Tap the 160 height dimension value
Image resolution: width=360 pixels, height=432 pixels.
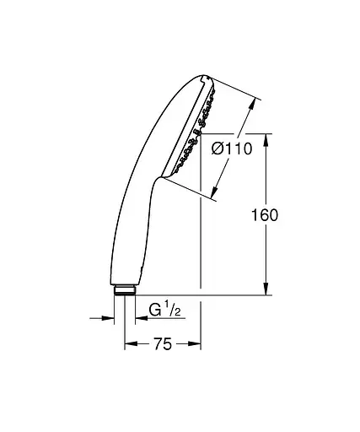click(265, 215)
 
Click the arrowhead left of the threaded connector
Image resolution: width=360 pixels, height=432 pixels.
click(109, 319)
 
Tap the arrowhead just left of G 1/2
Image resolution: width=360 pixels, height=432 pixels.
click(131, 319)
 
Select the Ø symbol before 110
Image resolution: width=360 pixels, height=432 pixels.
click(216, 149)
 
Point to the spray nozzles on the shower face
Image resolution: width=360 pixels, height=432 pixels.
click(191, 135)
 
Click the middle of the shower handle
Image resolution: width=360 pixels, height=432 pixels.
click(139, 211)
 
